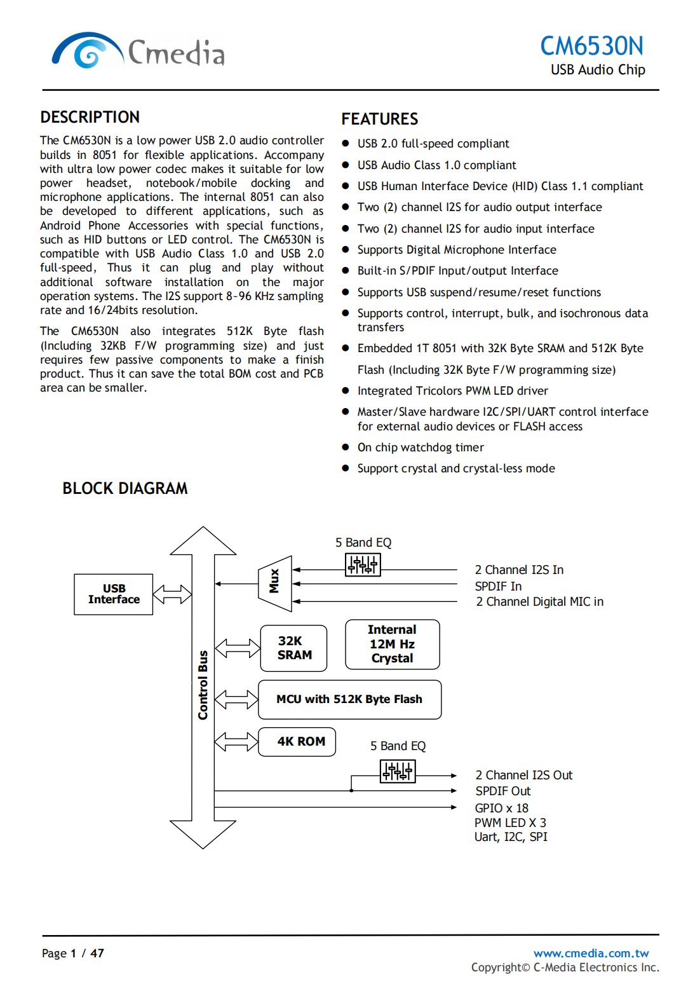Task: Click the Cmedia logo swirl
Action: click(87, 51)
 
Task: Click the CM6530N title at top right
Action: click(591, 46)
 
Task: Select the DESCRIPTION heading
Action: click(90, 118)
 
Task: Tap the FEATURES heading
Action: click(379, 120)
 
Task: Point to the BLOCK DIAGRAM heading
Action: click(125, 488)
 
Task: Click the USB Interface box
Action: click(114, 594)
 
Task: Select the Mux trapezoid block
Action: click(275, 583)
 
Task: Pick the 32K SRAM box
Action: click(293, 648)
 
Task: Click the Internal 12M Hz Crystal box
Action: click(392, 644)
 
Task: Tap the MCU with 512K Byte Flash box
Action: click(349, 699)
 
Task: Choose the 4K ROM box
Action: click(297, 741)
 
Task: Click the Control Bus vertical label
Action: click(203, 685)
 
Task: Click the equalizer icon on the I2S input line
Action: click(363, 564)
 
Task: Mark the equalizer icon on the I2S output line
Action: click(398, 772)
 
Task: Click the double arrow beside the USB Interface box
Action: click(172, 594)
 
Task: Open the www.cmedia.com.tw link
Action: click(591, 953)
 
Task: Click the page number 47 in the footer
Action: click(97, 953)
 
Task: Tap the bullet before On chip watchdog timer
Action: click(346, 447)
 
